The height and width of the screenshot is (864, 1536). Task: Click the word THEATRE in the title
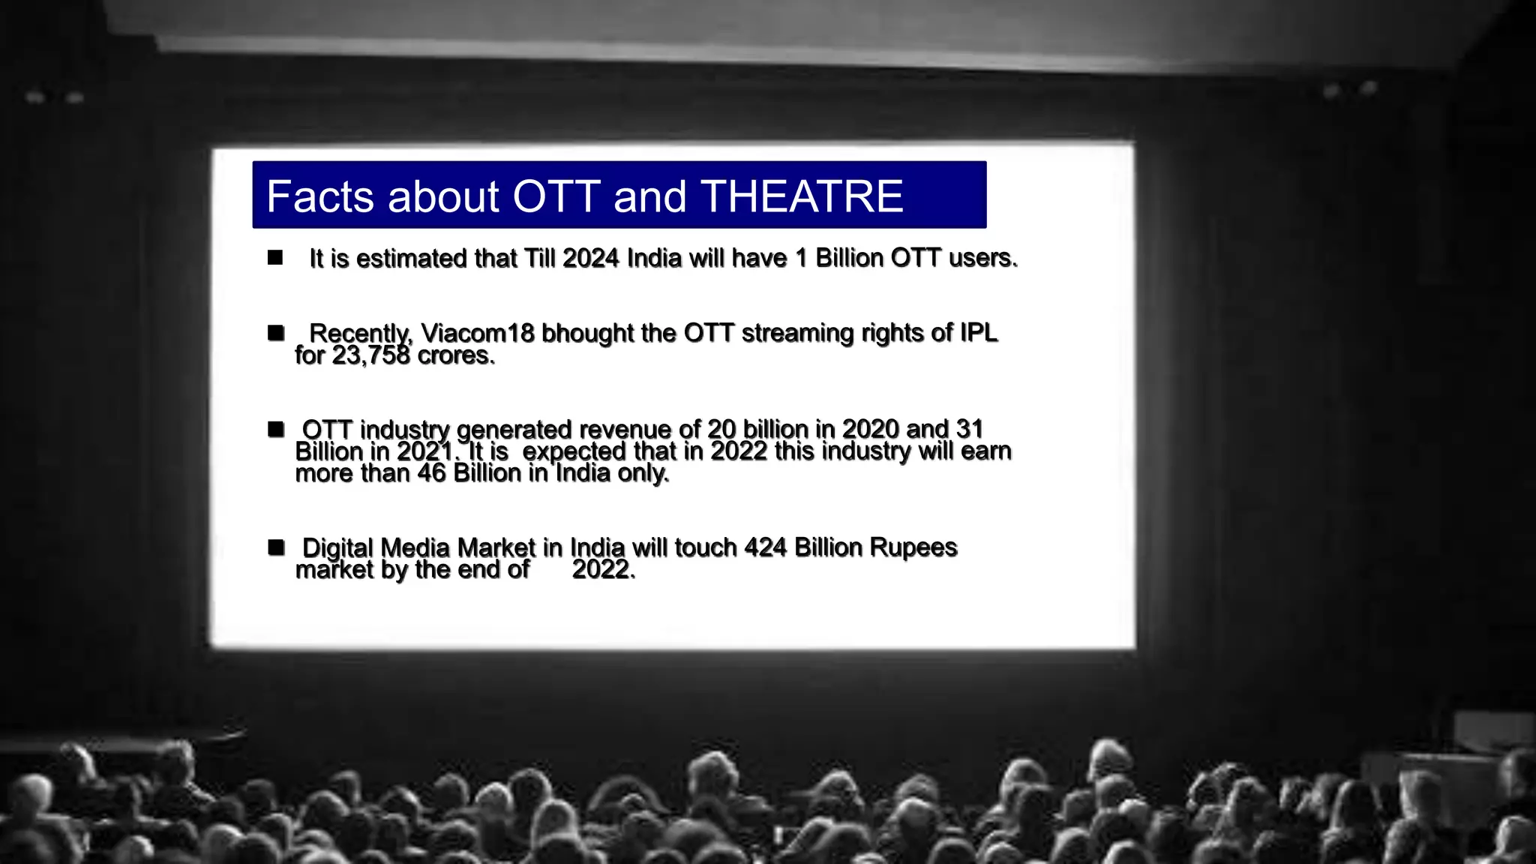[802, 196]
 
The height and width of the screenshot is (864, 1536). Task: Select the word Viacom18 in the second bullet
[478, 332]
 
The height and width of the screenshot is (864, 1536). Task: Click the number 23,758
[371, 355]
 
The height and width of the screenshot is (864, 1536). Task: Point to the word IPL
[979, 332]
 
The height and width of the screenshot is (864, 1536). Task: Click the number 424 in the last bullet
[765, 547]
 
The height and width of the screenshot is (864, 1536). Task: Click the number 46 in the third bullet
[431, 473]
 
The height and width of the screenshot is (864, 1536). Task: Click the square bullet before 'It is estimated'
[275, 258]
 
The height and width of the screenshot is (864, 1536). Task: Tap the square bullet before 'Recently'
[276, 332]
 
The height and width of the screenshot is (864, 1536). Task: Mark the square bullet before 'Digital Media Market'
[276, 547]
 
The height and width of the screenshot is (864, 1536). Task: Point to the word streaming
[797, 332]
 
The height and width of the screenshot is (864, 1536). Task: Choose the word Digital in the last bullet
[337, 547]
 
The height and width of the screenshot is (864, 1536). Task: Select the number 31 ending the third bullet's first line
[969, 429]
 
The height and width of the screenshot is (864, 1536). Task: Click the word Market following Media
[496, 547]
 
